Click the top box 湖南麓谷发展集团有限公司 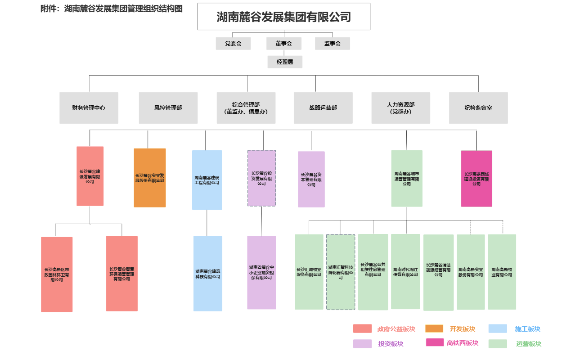pos(283,17)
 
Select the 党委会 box pos(233,43)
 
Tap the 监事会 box pos(332,43)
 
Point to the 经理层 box pos(284,62)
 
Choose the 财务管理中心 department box pos(89,108)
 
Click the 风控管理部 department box pos(168,108)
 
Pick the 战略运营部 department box pos(323,108)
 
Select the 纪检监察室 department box pos(478,108)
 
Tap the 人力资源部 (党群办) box pos(400,108)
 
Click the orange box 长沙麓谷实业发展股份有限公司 pos(149,178)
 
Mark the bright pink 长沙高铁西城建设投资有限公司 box pos(477,179)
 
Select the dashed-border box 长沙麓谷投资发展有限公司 pos(261,178)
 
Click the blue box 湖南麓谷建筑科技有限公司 pos(207,274)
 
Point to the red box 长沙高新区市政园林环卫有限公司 pos(57,274)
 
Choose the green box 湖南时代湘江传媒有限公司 pos(405,271)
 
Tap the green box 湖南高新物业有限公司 pos(502,271)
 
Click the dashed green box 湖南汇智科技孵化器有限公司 pos(340,272)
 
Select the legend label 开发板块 pos(462,329)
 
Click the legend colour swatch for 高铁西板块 pos(435,342)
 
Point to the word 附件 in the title pos(49,8)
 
